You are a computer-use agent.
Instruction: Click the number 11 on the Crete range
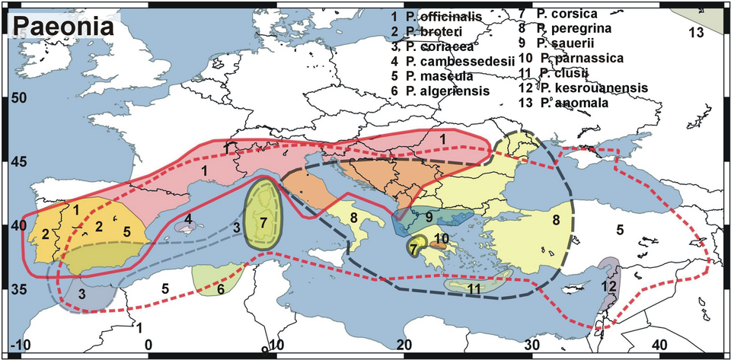coord(474,288)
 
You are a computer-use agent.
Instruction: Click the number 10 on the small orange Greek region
coord(442,239)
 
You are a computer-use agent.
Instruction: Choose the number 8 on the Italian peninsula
coord(354,219)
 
